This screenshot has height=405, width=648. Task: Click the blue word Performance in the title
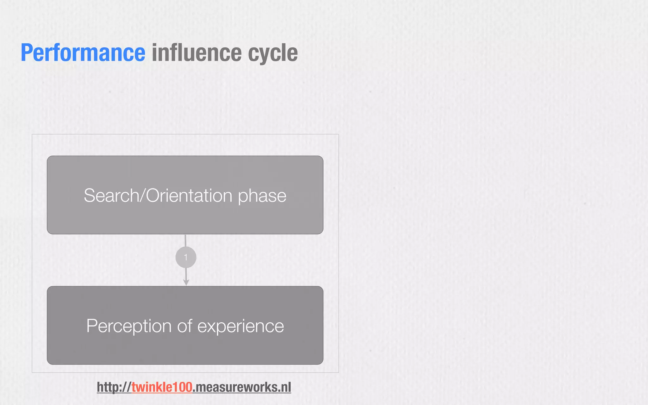tap(83, 53)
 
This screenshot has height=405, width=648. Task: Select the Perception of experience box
tap(185, 348)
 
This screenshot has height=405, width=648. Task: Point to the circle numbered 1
tap(186, 257)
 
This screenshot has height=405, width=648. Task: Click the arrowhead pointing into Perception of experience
tap(186, 282)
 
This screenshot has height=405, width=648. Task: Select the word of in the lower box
tap(184, 326)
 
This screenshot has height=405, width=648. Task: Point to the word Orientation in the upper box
tap(189, 196)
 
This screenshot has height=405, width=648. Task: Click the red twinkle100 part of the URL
tap(162, 387)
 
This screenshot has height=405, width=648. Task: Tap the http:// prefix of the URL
tap(114, 387)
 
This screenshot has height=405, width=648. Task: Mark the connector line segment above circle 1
tap(185, 240)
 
